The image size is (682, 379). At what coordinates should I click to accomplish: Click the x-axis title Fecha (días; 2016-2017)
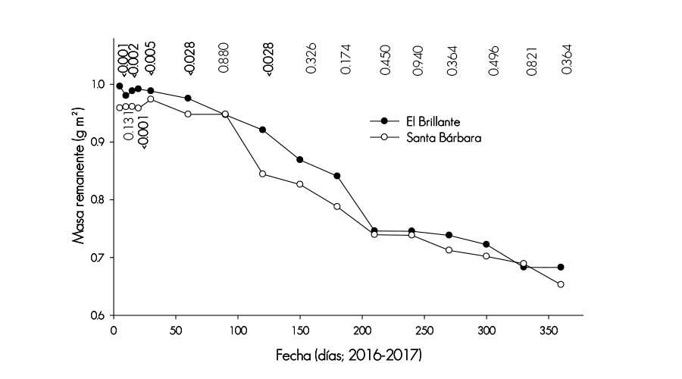(348, 353)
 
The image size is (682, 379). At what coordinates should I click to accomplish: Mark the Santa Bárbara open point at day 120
(263, 174)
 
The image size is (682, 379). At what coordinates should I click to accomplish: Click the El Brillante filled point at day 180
(337, 176)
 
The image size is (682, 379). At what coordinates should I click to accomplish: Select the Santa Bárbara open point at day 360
(561, 284)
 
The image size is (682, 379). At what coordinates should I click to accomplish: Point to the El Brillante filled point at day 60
(188, 98)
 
